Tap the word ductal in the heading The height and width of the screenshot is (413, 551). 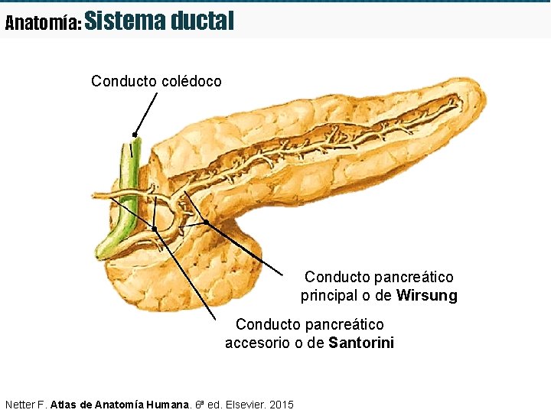click(x=202, y=21)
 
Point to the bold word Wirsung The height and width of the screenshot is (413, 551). click(x=426, y=295)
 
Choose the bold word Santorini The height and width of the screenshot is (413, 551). click(x=361, y=343)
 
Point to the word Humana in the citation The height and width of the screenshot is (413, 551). click(x=167, y=403)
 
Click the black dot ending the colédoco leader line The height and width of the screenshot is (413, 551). click(x=135, y=135)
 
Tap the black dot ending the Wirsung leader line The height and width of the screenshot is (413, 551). click(x=206, y=223)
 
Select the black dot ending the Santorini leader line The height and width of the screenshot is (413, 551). click(x=154, y=229)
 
